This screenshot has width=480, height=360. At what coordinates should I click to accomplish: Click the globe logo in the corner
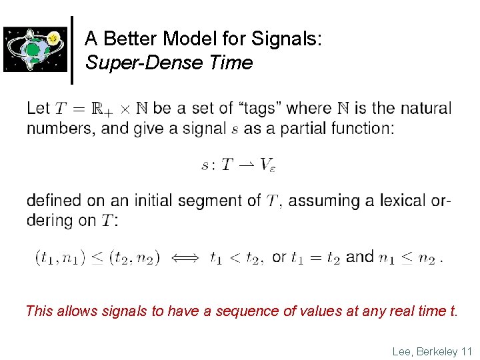pos(35,49)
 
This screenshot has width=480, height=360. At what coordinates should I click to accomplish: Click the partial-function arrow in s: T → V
pos(245,164)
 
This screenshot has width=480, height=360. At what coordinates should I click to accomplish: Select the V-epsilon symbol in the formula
pos(267,165)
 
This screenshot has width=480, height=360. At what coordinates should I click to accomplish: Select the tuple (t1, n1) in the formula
pos(59,257)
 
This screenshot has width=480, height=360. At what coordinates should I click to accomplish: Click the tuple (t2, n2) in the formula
pos(134,257)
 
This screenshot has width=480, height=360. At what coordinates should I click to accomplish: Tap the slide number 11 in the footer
pos(466,351)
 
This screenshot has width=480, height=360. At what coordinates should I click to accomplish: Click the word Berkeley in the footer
pos(436,351)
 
